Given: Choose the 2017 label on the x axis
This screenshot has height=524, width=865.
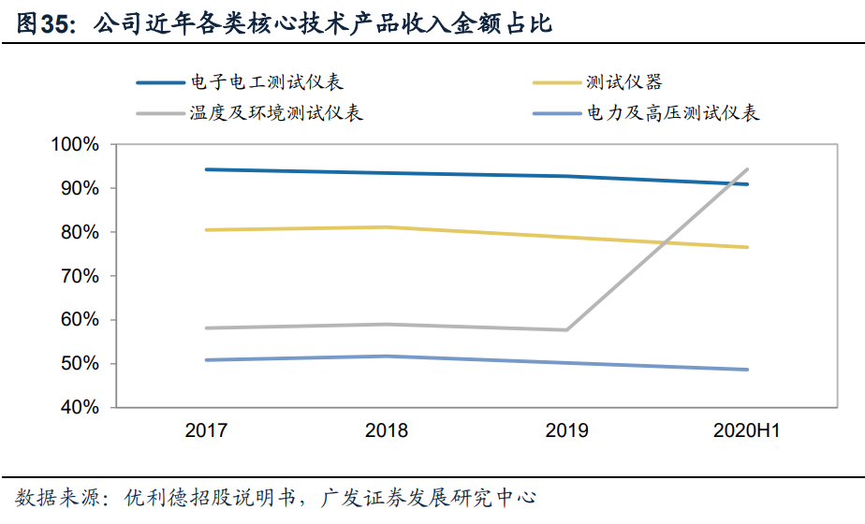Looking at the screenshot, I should (x=206, y=431).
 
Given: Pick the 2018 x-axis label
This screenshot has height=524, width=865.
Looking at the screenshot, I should (x=387, y=431).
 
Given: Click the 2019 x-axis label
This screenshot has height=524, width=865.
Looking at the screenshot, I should (x=567, y=431).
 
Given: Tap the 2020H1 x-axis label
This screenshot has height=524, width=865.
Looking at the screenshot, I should (x=747, y=431).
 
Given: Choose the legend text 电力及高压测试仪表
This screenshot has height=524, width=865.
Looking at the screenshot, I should (x=674, y=113).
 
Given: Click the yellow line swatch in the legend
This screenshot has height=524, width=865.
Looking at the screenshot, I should (x=556, y=82).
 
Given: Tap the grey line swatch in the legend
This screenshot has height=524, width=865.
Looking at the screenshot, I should (x=162, y=113).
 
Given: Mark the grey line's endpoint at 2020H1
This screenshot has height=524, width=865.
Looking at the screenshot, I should (x=747, y=169).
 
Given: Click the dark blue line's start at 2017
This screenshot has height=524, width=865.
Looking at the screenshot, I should (x=206, y=169).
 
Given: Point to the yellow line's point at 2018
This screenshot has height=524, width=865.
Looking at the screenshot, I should (x=387, y=227).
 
